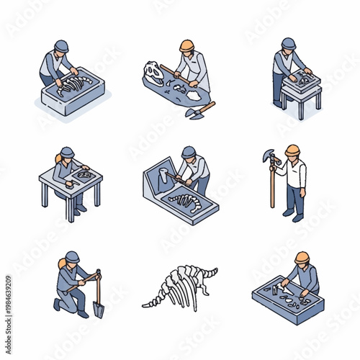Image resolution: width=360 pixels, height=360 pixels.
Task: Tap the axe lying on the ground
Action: (199, 110)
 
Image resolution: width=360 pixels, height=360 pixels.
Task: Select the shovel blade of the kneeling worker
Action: (99, 309)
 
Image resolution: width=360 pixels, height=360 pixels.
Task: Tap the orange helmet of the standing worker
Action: (292, 150)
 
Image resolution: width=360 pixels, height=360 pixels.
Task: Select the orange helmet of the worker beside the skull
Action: (187, 45)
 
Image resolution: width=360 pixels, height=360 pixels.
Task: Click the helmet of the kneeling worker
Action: (72, 257)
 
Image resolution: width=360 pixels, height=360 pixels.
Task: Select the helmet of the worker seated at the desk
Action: (67, 152)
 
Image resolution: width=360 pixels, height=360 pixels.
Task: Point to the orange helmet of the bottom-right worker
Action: (302, 257)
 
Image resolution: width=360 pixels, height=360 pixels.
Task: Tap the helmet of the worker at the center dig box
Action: (189, 152)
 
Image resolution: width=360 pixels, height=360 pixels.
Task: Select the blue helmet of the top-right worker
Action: (289, 43)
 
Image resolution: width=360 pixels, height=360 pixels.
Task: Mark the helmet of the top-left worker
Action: (61, 45)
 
